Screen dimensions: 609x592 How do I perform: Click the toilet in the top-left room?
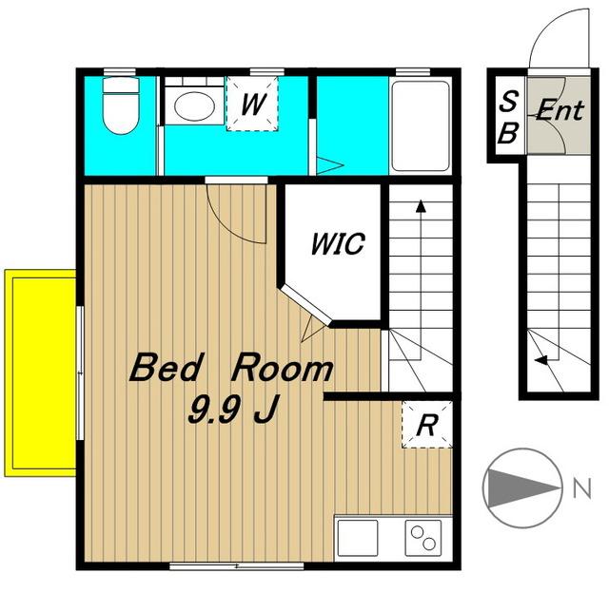[x=121, y=105]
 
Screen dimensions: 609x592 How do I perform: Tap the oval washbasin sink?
[x=194, y=105]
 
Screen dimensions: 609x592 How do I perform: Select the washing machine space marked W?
[x=252, y=104]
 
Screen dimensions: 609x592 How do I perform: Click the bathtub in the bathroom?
[x=421, y=125]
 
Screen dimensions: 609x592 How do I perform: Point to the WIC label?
[x=338, y=243]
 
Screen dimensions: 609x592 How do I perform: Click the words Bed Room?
[x=231, y=367]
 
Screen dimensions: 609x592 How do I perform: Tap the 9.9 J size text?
[x=233, y=410]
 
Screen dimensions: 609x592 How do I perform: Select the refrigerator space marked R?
[x=427, y=425]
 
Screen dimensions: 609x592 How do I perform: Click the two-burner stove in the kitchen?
[x=423, y=538]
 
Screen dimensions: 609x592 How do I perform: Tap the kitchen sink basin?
[x=358, y=538]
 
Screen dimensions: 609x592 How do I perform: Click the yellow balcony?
[x=40, y=372]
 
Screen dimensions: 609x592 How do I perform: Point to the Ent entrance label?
[x=560, y=110]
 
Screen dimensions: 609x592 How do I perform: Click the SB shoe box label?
[x=508, y=117]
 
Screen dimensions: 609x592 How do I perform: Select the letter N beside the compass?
[x=582, y=487]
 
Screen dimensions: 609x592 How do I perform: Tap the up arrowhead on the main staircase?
[x=421, y=206]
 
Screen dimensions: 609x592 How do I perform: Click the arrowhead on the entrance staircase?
[x=541, y=360]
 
